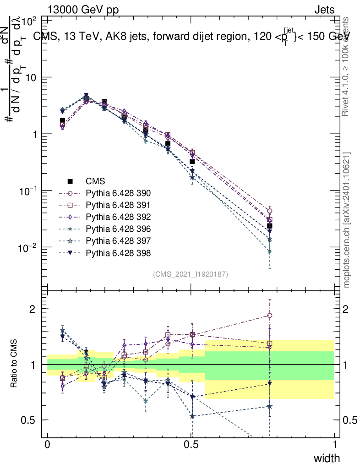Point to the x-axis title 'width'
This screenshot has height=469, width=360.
point(326,458)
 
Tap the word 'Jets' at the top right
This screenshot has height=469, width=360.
point(324,10)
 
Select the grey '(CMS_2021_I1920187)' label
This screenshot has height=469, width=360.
point(191,274)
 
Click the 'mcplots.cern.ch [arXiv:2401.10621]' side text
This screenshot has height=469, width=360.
point(347,220)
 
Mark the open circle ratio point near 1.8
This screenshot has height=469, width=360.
point(270,315)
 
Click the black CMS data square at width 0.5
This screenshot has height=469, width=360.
point(192,162)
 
